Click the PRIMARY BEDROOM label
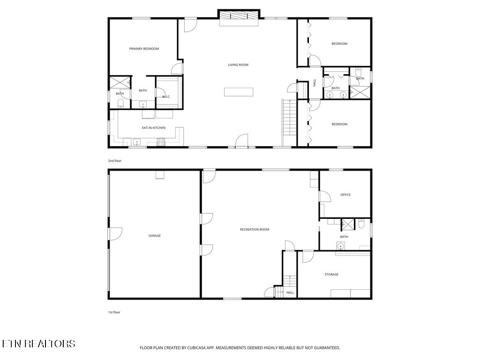point(144,49)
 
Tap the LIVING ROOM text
point(238,65)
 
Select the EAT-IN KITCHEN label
point(154,127)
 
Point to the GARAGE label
point(155,236)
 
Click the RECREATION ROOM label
point(255,229)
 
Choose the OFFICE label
point(345,195)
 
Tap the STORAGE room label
point(331,274)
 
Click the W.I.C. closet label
point(166,97)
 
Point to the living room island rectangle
point(239,92)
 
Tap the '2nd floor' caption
point(115,161)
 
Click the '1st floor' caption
point(115,312)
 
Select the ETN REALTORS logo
point(38,344)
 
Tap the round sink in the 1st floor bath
point(340,246)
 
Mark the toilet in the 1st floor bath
point(361,225)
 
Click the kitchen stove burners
point(161,142)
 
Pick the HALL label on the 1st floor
point(290,292)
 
